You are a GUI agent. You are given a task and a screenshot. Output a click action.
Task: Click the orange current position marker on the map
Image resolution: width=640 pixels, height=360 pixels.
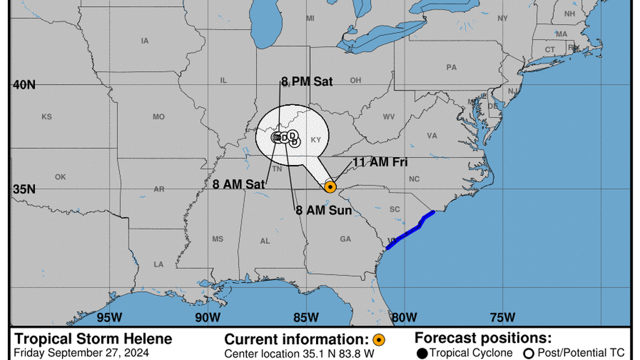coord(330,187)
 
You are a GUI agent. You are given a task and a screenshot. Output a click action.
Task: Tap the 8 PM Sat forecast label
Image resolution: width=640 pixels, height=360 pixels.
coord(307,82)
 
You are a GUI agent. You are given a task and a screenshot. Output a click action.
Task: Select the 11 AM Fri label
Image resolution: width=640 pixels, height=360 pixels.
coord(380,162)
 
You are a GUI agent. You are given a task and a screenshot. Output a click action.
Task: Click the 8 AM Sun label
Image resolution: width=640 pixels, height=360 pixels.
coord(324,211)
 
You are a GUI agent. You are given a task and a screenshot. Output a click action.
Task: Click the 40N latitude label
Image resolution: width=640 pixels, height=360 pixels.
coord(24,85)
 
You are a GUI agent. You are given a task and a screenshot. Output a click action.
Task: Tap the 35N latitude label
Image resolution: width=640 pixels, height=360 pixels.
coord(24,189)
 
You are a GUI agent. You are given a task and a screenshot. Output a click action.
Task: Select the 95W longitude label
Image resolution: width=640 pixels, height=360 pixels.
coord(109,317)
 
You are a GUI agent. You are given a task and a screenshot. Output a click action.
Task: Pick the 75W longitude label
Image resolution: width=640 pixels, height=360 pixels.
coord(502,317)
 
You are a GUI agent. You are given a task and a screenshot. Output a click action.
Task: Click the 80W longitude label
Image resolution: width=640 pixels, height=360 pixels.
coord(404,317)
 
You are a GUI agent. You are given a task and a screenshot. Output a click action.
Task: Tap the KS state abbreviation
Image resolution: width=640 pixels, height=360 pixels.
coord(47,117)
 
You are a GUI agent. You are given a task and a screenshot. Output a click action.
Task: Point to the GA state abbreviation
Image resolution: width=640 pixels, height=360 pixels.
coord(345,239)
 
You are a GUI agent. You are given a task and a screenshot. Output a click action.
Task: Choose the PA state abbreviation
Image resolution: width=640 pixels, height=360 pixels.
coord(451,67)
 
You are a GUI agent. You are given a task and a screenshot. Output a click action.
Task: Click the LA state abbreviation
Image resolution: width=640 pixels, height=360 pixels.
coord(159,264)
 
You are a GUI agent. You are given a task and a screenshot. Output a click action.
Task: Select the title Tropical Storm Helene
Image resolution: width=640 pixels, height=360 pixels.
coord(93,339)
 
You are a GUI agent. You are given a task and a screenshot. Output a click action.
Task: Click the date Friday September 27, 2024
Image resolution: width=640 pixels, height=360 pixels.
coord(81,353)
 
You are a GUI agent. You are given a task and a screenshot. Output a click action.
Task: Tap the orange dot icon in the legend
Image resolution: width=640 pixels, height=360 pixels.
coord(380,340)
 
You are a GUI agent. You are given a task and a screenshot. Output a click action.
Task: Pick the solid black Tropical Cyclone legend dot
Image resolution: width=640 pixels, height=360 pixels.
coord(422,353)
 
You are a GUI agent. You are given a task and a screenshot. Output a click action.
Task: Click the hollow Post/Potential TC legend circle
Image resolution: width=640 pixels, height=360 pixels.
coord(528,353)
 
